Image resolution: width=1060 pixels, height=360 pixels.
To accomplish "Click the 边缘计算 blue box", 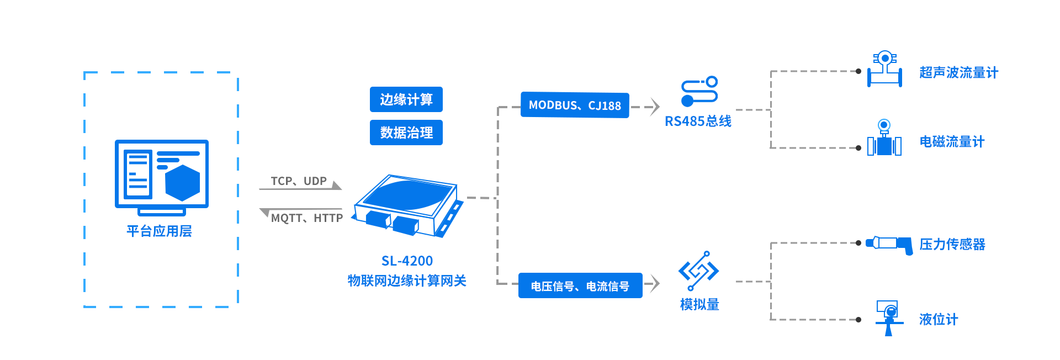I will click(406, 99).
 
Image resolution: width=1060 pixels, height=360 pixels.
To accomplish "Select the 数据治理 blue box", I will click(406, 133).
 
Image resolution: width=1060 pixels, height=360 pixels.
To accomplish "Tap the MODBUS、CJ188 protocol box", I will click(575, 105).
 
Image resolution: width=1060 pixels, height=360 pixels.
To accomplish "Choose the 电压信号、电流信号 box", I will click(580, 286).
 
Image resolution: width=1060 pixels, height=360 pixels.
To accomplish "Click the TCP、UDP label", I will click(299, 181).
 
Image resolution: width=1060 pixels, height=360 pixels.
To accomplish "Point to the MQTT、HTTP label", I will click(306, 218).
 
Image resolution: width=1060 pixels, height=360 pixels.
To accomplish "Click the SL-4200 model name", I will click(407, 261).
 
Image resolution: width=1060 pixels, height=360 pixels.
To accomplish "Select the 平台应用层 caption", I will click(159, 231).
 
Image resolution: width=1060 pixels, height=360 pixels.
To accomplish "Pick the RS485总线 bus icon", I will click(699, 91).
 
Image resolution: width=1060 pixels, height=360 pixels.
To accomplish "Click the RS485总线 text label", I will click(698, 121).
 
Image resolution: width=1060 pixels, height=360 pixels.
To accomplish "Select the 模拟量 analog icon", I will click(698, 271).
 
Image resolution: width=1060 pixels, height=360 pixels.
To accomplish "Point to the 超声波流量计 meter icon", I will click(884, 70).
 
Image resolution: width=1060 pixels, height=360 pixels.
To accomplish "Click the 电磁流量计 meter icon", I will click(884, 139).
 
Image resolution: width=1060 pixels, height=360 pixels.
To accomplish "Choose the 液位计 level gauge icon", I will click(889, 317).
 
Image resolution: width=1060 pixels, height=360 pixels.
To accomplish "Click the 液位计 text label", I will click(938, 319).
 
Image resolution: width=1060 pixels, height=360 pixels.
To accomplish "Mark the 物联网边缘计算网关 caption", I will click(407, 280).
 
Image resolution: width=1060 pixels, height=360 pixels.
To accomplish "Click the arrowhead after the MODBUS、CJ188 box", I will click(654, 107).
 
